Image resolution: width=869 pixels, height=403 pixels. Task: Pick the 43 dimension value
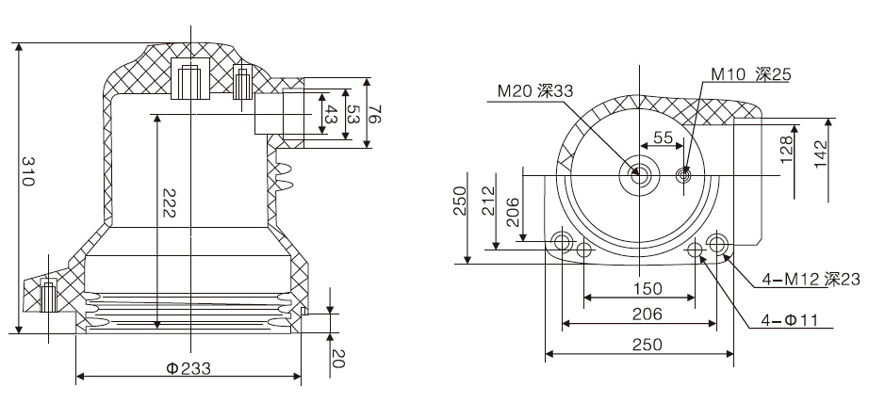click(330, 116)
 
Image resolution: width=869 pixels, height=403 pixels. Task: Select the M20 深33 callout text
click(536, 90)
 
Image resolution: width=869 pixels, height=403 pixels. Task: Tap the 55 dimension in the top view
click(664, 137)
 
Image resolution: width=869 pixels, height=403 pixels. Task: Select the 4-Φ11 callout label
click(790, 321)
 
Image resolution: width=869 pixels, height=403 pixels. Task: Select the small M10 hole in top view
click(685, 174)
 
